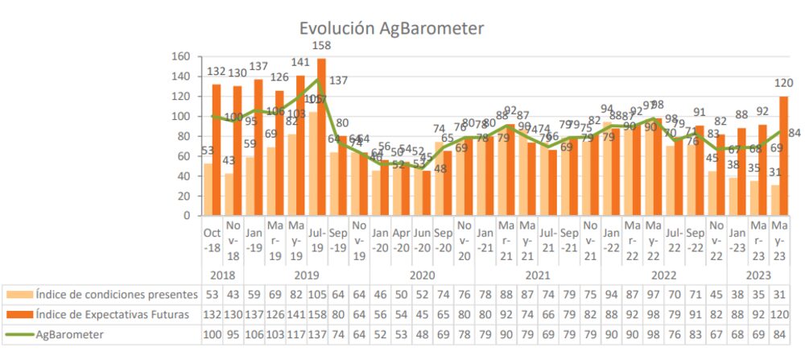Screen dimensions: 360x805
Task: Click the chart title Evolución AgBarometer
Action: [391, 29]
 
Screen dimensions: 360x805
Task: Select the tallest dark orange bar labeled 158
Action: [321, 137]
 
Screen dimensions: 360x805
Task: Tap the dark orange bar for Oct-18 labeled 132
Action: [217, 150]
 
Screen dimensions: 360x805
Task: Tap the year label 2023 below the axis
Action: [759, 274]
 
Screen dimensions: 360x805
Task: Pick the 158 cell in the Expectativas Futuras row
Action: [316, 314]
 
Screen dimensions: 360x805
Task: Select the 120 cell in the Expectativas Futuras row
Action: [779, 314]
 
